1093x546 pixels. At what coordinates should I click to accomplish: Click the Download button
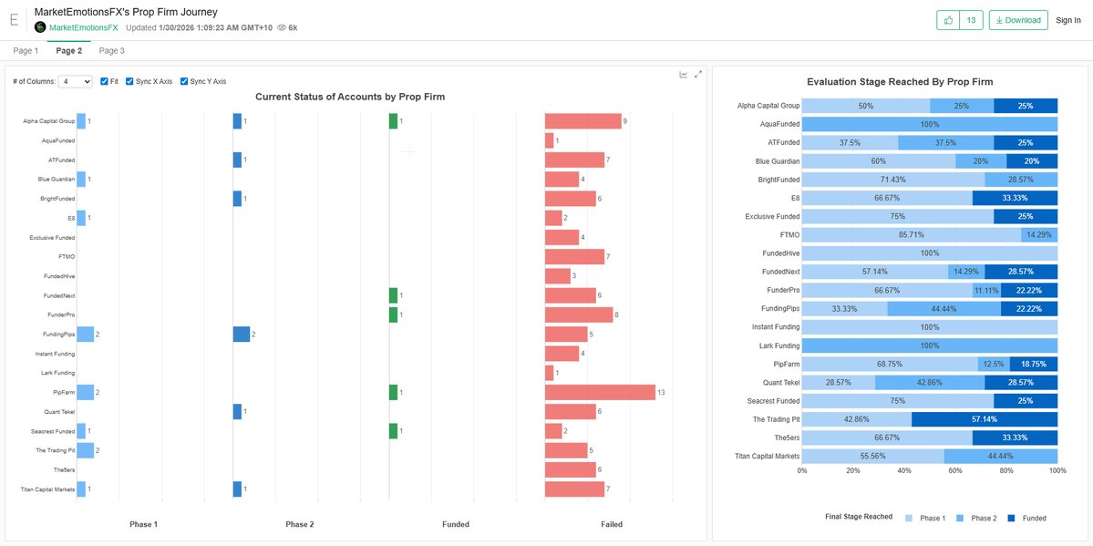(1017, 20)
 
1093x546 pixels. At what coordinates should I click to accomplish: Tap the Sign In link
(1067, 20)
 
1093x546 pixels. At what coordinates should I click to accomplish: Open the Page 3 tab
(111, 51)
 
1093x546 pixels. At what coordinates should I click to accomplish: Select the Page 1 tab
(26, 51)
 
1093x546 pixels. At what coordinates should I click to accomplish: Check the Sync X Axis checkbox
(130, 81)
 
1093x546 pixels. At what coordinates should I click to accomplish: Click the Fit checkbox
(104, 81)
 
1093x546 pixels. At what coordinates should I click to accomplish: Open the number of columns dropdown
(75, 81)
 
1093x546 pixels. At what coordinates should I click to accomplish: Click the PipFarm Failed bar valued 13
(600, 392)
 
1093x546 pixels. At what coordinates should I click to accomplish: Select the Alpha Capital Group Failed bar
(583, 121)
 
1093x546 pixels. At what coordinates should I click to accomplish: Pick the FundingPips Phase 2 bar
(242, 335)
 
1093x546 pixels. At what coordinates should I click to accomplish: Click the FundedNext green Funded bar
(393, 295)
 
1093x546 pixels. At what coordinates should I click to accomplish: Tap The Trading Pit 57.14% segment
(985, 419)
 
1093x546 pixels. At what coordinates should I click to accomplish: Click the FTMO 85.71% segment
(912, 235)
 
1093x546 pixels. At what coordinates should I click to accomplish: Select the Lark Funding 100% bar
(930, 345)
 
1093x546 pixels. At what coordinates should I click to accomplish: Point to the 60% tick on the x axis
(955, 471)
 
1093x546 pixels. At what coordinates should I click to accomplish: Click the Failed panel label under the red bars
(612, 524)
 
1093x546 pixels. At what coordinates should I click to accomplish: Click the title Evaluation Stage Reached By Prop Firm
(899, 82)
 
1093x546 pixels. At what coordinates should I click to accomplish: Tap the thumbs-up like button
(948, 20)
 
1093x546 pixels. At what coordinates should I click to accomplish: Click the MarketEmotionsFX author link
(83, 27)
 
